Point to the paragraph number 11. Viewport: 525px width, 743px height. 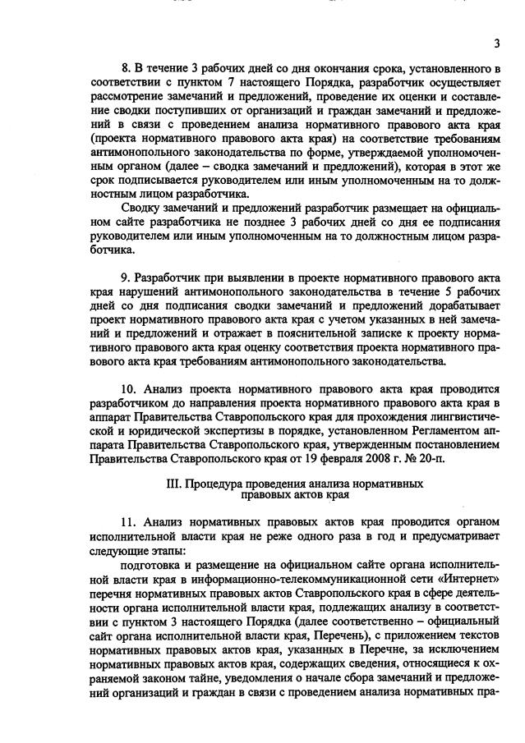[128, 523]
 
